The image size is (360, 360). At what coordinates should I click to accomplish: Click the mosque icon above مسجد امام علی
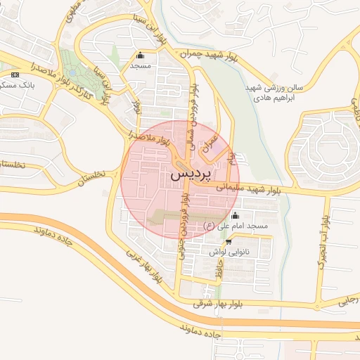234,215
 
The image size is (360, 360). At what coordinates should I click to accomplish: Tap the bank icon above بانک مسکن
15,74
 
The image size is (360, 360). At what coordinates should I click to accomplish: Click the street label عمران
208,144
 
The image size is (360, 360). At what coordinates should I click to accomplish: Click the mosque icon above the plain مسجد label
140,56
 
